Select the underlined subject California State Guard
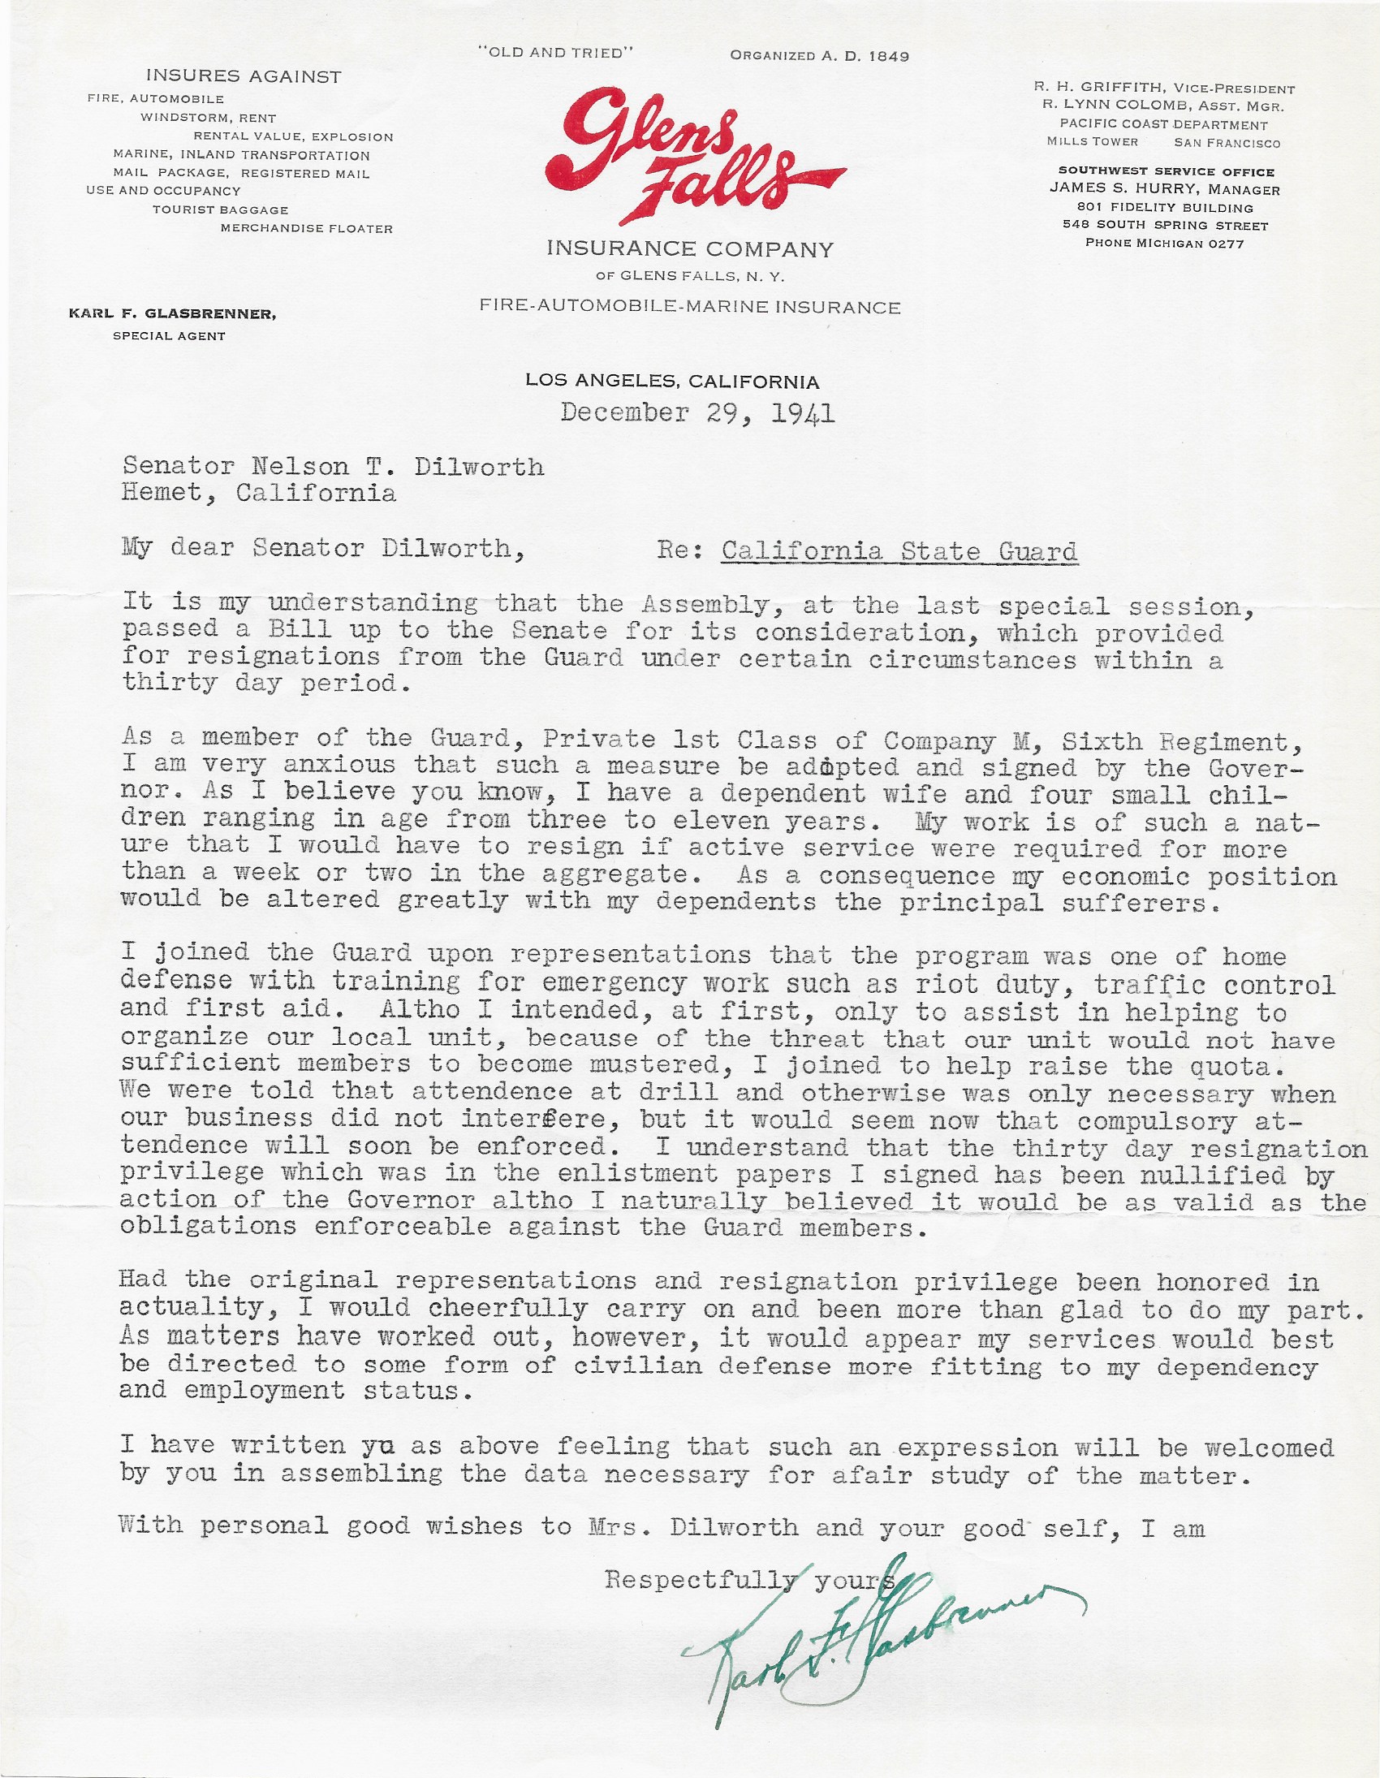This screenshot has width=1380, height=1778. (899, 551)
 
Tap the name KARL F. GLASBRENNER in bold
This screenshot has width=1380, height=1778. (173, 314)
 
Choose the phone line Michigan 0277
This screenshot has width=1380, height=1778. (1164, 243)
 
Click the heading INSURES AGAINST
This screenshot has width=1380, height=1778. (244, 77)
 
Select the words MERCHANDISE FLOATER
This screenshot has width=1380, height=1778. (307, 229)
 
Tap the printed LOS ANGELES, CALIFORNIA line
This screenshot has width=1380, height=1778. (672, 381)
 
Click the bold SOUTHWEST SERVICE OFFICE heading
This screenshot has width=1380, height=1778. (1166, 172)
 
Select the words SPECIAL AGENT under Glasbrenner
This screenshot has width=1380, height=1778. (170, 335)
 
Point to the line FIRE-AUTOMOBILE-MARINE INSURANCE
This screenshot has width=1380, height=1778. (689, 307)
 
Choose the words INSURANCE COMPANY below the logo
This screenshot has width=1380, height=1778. (689, 248)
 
